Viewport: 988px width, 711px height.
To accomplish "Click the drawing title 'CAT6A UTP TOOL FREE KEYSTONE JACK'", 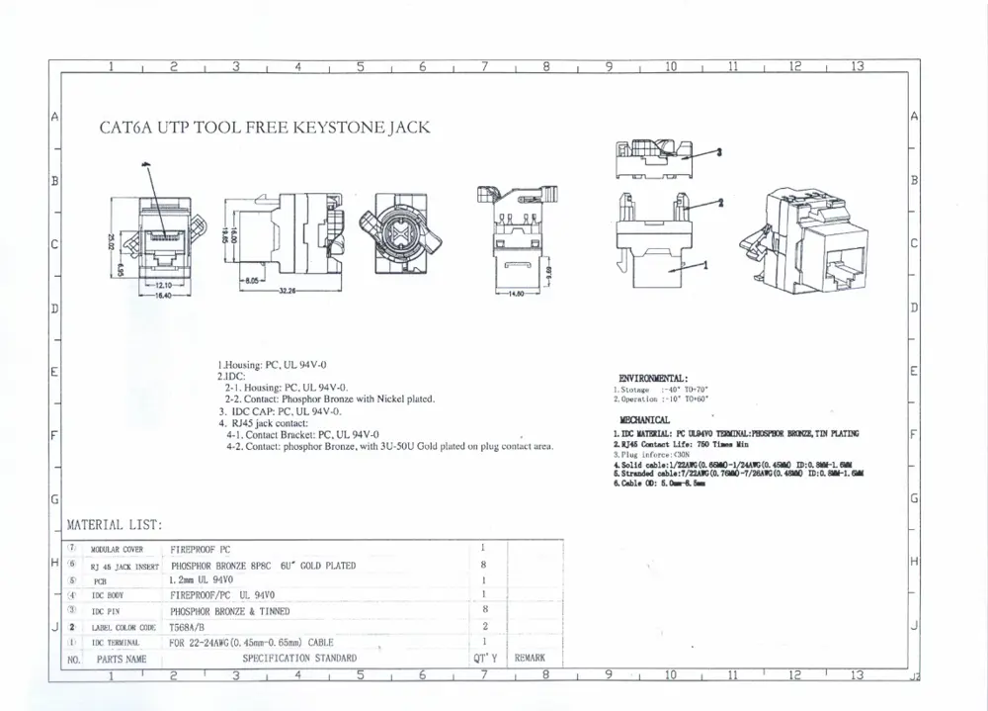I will point(265,128).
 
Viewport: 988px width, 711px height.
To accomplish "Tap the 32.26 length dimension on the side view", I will point(287,290).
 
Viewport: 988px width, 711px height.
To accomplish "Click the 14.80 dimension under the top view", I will point(516,295).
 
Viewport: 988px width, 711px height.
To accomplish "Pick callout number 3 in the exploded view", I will point(719,152).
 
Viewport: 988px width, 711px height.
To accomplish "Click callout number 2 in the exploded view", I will point(720,202).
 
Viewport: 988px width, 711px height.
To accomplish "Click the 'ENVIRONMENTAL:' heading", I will point(653,378).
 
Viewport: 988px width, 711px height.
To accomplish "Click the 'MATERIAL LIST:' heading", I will point(114,525).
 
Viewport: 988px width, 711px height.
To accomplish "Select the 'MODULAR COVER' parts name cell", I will point(117,550).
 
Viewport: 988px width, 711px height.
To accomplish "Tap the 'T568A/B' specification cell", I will point(190,627).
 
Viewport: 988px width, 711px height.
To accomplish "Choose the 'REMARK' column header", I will point(530,657).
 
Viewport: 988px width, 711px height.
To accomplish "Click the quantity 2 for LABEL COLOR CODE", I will point(482,627).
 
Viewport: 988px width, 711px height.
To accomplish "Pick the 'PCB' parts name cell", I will point(100,582).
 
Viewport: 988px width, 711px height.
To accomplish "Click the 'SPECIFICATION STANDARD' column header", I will point(299,658).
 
